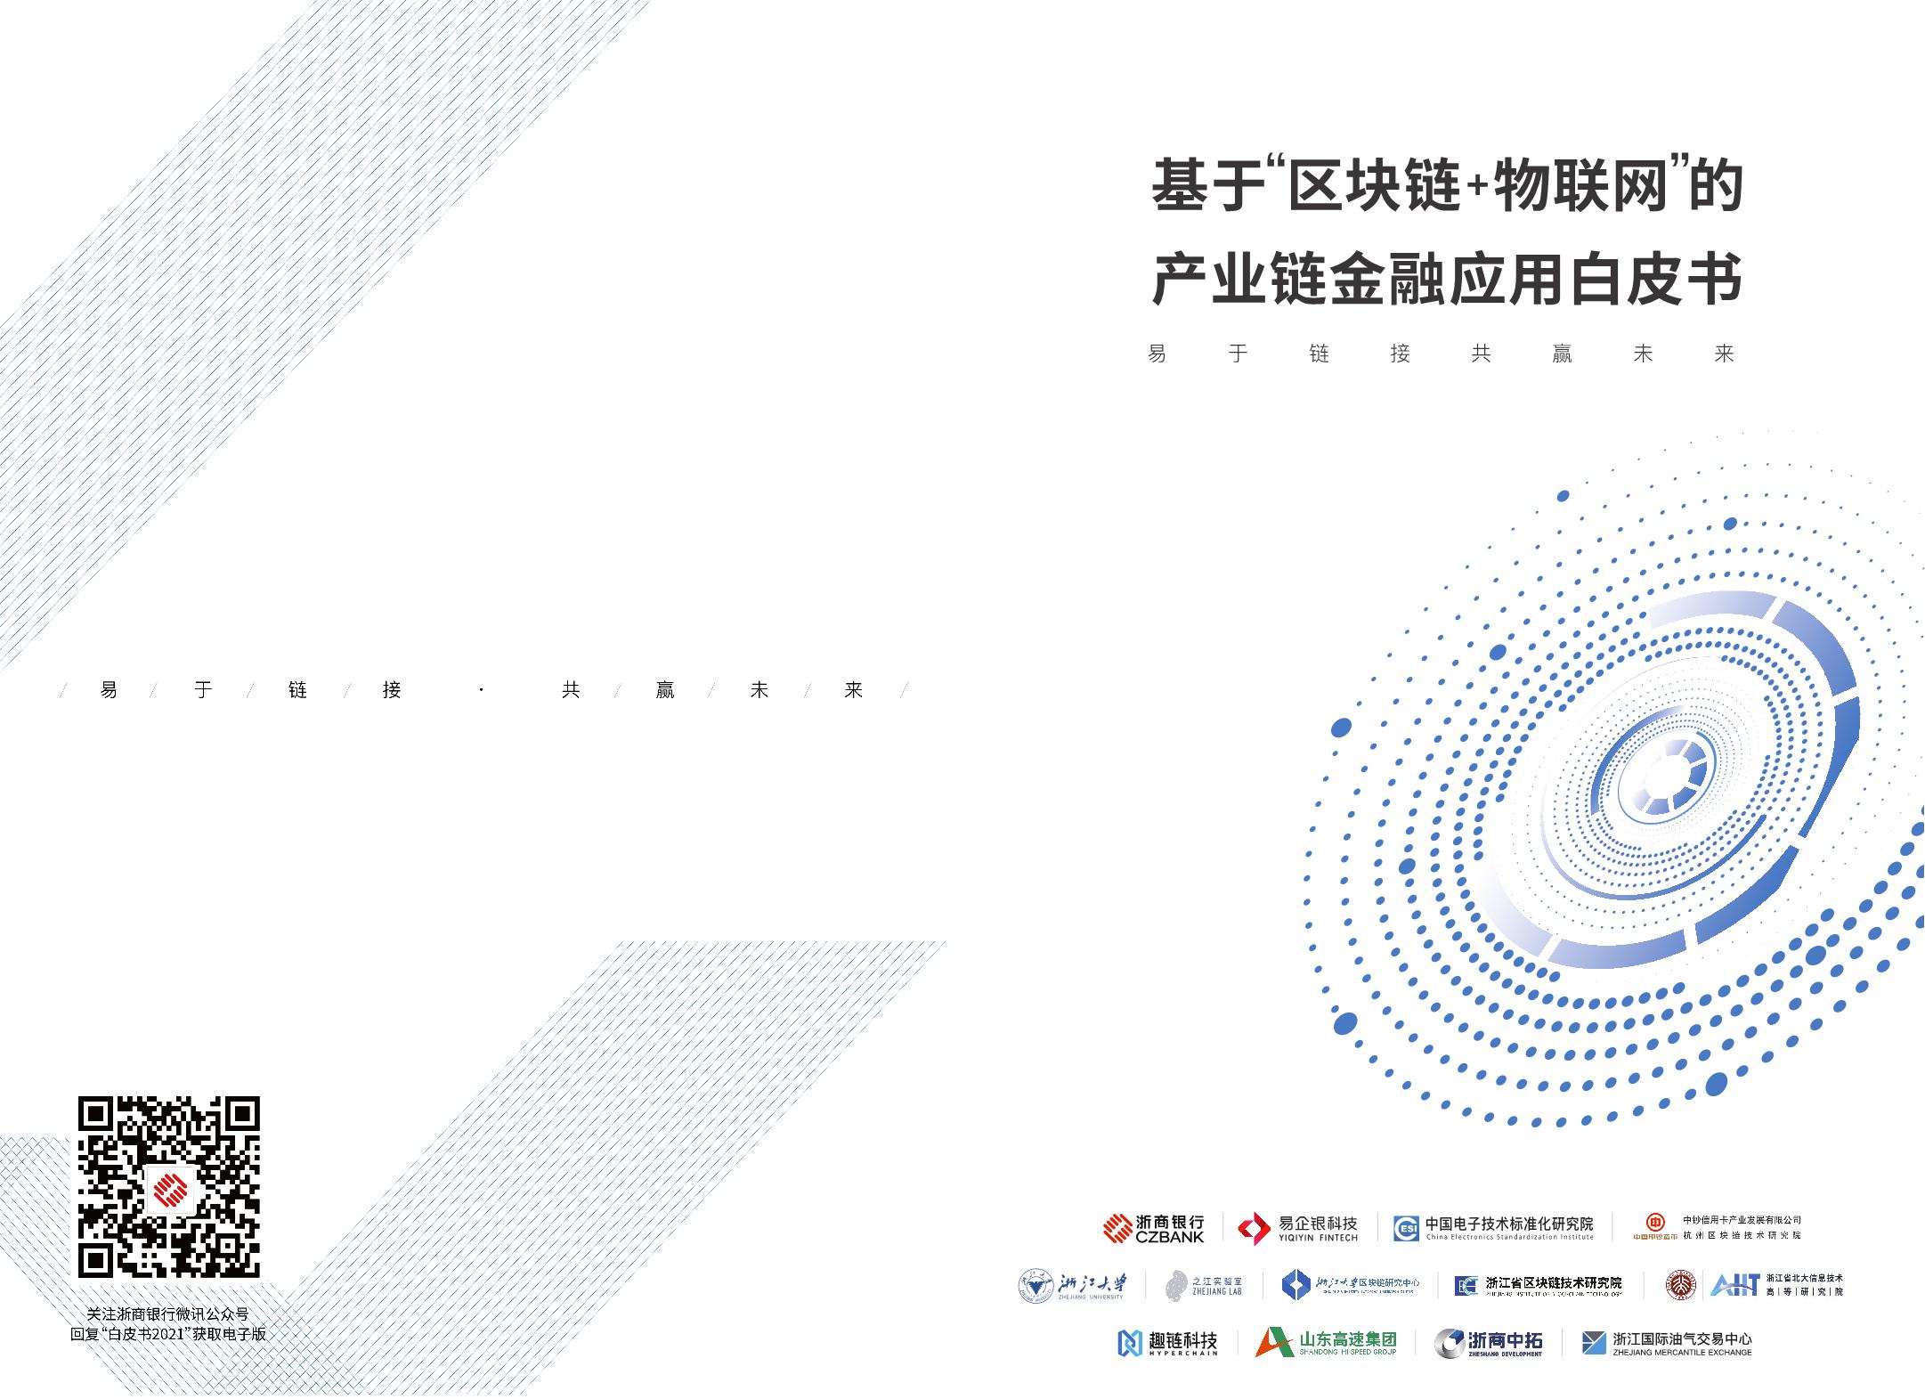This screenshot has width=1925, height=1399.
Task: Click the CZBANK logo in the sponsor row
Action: (1153, 1228)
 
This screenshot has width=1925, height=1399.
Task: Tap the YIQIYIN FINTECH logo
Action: (1298, 1229)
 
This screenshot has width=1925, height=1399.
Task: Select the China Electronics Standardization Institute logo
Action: (1493, 1228)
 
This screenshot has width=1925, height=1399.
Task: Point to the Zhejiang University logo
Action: (1072, 1284)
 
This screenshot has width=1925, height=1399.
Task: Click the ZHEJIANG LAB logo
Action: (1204, 1284)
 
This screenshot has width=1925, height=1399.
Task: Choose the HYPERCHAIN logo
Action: (1166, 1343)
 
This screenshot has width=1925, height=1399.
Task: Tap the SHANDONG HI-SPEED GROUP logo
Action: (1326, 1342)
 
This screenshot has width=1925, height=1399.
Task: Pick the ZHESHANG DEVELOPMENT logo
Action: (1488, 1343)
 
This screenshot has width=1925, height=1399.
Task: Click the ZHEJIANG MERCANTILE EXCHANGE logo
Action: (1666, 1343)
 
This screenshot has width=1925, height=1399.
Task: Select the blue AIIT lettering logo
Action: (1734, 1285)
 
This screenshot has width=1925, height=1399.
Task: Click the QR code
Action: (169, 1187)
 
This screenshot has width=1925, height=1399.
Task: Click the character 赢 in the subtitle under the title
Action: (1562, 354)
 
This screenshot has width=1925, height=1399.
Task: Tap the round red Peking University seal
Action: (1680, 1284)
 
